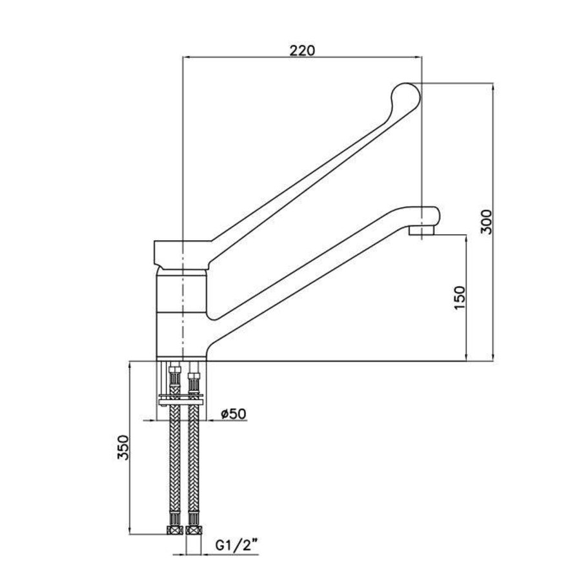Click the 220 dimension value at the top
pyautogui.click(x=302, y=50)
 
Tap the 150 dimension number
pyautogui.click(x=460, y=298)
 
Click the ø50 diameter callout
pyautogui.click(x=232, y=414)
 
